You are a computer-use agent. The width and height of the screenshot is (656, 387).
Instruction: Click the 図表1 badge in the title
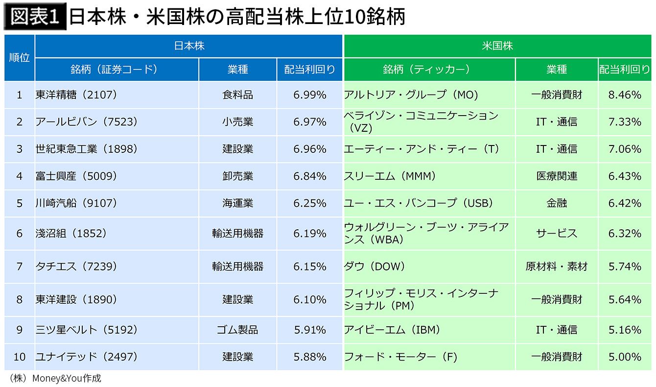tap(35, 17)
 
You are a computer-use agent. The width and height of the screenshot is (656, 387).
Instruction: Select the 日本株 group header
tap(189, 46)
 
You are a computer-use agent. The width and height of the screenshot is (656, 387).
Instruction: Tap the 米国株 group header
tap(497, 46)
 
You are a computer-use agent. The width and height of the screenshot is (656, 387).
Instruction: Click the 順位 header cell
tap(20, 57)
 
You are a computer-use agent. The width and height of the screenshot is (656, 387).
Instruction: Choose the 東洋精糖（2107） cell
tap(76, 95)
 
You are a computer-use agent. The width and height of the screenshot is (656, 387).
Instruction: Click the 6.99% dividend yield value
tap(309, 95)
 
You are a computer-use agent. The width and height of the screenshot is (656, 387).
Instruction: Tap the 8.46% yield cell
tap(624, 95)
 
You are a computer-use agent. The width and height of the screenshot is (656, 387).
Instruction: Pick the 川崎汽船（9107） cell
tap(76, 203)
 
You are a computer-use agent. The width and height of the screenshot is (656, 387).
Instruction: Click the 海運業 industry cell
tap(237, 203)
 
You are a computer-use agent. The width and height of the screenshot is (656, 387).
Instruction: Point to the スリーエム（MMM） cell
tap(390, 176)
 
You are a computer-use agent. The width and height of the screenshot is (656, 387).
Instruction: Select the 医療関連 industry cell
tap(557, 176)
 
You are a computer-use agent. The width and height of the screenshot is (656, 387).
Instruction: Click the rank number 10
tap(20, 357)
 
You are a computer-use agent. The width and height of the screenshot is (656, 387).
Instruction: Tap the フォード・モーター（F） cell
tap(400, 357)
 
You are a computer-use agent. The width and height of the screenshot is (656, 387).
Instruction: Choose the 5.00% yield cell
tap(624, 357)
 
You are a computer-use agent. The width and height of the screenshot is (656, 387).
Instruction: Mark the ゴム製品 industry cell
tap(237, 330)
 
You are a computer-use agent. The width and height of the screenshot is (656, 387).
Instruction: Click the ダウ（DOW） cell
tap(375, 266)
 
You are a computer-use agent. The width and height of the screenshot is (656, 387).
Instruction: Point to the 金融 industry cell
tap(557, 203)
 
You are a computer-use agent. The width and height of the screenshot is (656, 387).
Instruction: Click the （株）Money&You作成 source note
tap(55, 379)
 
